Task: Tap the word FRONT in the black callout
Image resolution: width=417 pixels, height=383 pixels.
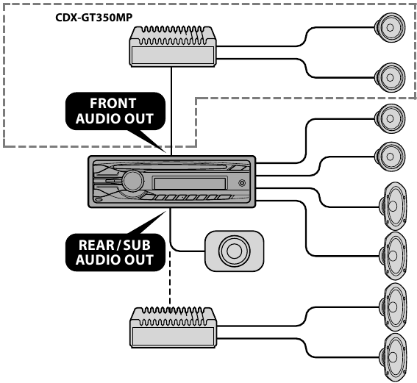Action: pos(113,103)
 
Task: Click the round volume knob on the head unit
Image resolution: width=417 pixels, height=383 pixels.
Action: pos(133,180)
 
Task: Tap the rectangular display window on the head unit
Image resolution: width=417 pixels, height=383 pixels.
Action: pos(189,183)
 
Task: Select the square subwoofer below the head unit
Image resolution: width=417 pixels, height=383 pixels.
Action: pos(234,251)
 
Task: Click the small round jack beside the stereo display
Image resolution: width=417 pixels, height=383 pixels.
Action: pos(241,183)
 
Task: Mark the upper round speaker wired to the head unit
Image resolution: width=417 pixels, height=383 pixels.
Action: pos(389,117)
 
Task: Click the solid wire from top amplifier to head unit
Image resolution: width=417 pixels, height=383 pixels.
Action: pos(171,110)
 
